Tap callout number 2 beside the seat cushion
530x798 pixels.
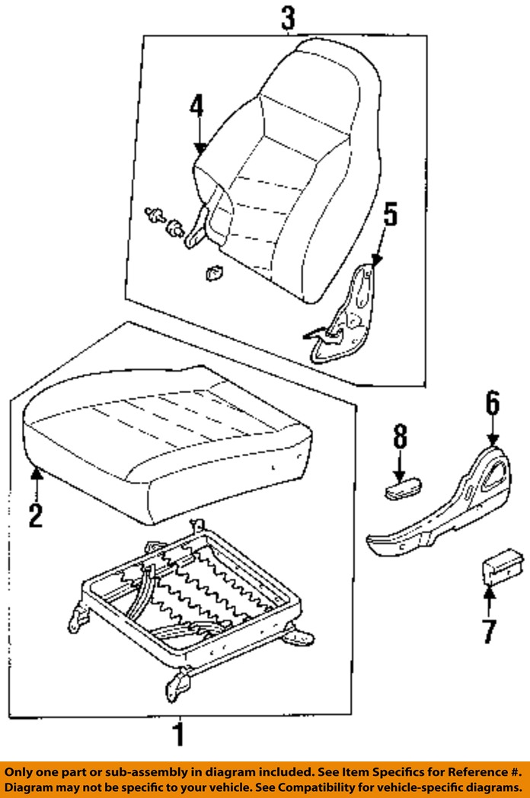click(x=35, y=515)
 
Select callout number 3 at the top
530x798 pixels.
click(x=288, y=18)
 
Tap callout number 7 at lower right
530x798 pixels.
click(x=489, y=631)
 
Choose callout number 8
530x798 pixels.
click(x=401, y=436)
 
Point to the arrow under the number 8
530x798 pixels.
click(x=401, y=464)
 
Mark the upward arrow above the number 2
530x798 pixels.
click(x=36, y=483)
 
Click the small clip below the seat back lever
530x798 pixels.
click(x=214, y=274)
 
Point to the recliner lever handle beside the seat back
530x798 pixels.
click(x=197, y=226)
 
